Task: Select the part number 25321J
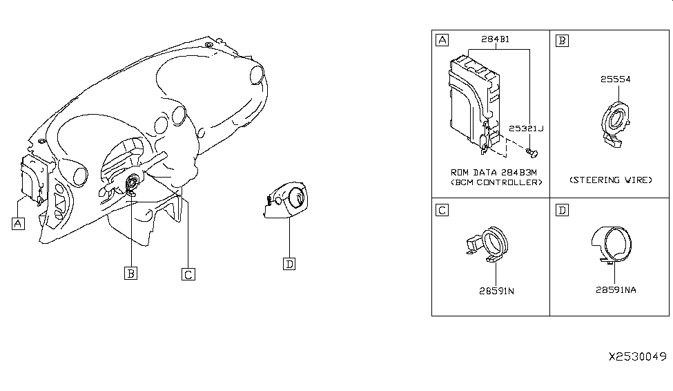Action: [x=526, y=128]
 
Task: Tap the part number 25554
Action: [x=615, y=79]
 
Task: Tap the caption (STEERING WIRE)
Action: [x=611, y=180]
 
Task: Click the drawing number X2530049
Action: [x=636, y=356]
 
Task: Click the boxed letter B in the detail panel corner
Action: [x=562, y=40]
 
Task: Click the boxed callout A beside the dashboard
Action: [x=17, y=223]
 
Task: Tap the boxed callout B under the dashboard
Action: [x=130, y=273]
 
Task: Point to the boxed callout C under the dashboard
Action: [x=187, y=274]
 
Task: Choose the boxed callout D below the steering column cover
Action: [x=289, y=263]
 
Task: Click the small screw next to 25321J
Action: [x=529, y=150]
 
